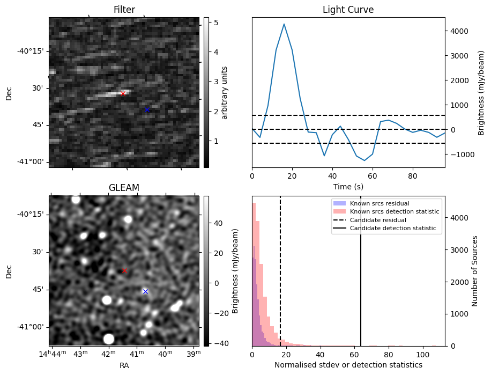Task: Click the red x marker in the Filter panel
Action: (123, 93)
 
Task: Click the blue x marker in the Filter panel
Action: (147, 109)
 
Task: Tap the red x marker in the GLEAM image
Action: (124, 270)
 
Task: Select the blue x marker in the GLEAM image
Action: (145, 291)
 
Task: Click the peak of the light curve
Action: (284, 24)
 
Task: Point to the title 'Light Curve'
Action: (348, 10)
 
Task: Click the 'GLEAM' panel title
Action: (124, 187)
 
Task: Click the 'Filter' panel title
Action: (124, 10)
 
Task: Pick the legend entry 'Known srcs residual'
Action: (379, 203)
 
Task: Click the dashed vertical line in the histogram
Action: (280, 279)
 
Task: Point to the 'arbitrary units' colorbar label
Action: (225, 92)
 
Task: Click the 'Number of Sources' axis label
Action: (475, 271)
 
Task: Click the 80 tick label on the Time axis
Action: (412, 175)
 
